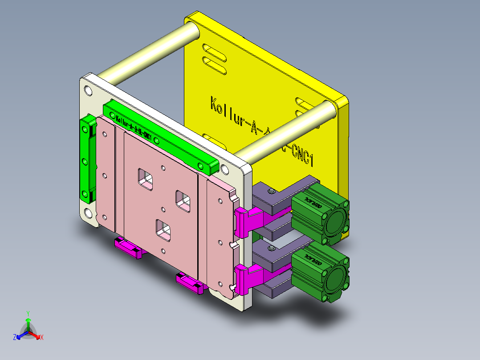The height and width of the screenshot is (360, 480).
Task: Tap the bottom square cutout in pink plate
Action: coord(163,229)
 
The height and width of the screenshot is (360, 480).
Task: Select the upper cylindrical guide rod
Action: coord(147,53)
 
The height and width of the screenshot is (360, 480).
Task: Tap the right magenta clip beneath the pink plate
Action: coord(191,282)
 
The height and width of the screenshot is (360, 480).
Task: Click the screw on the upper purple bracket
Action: coord(270,191)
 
